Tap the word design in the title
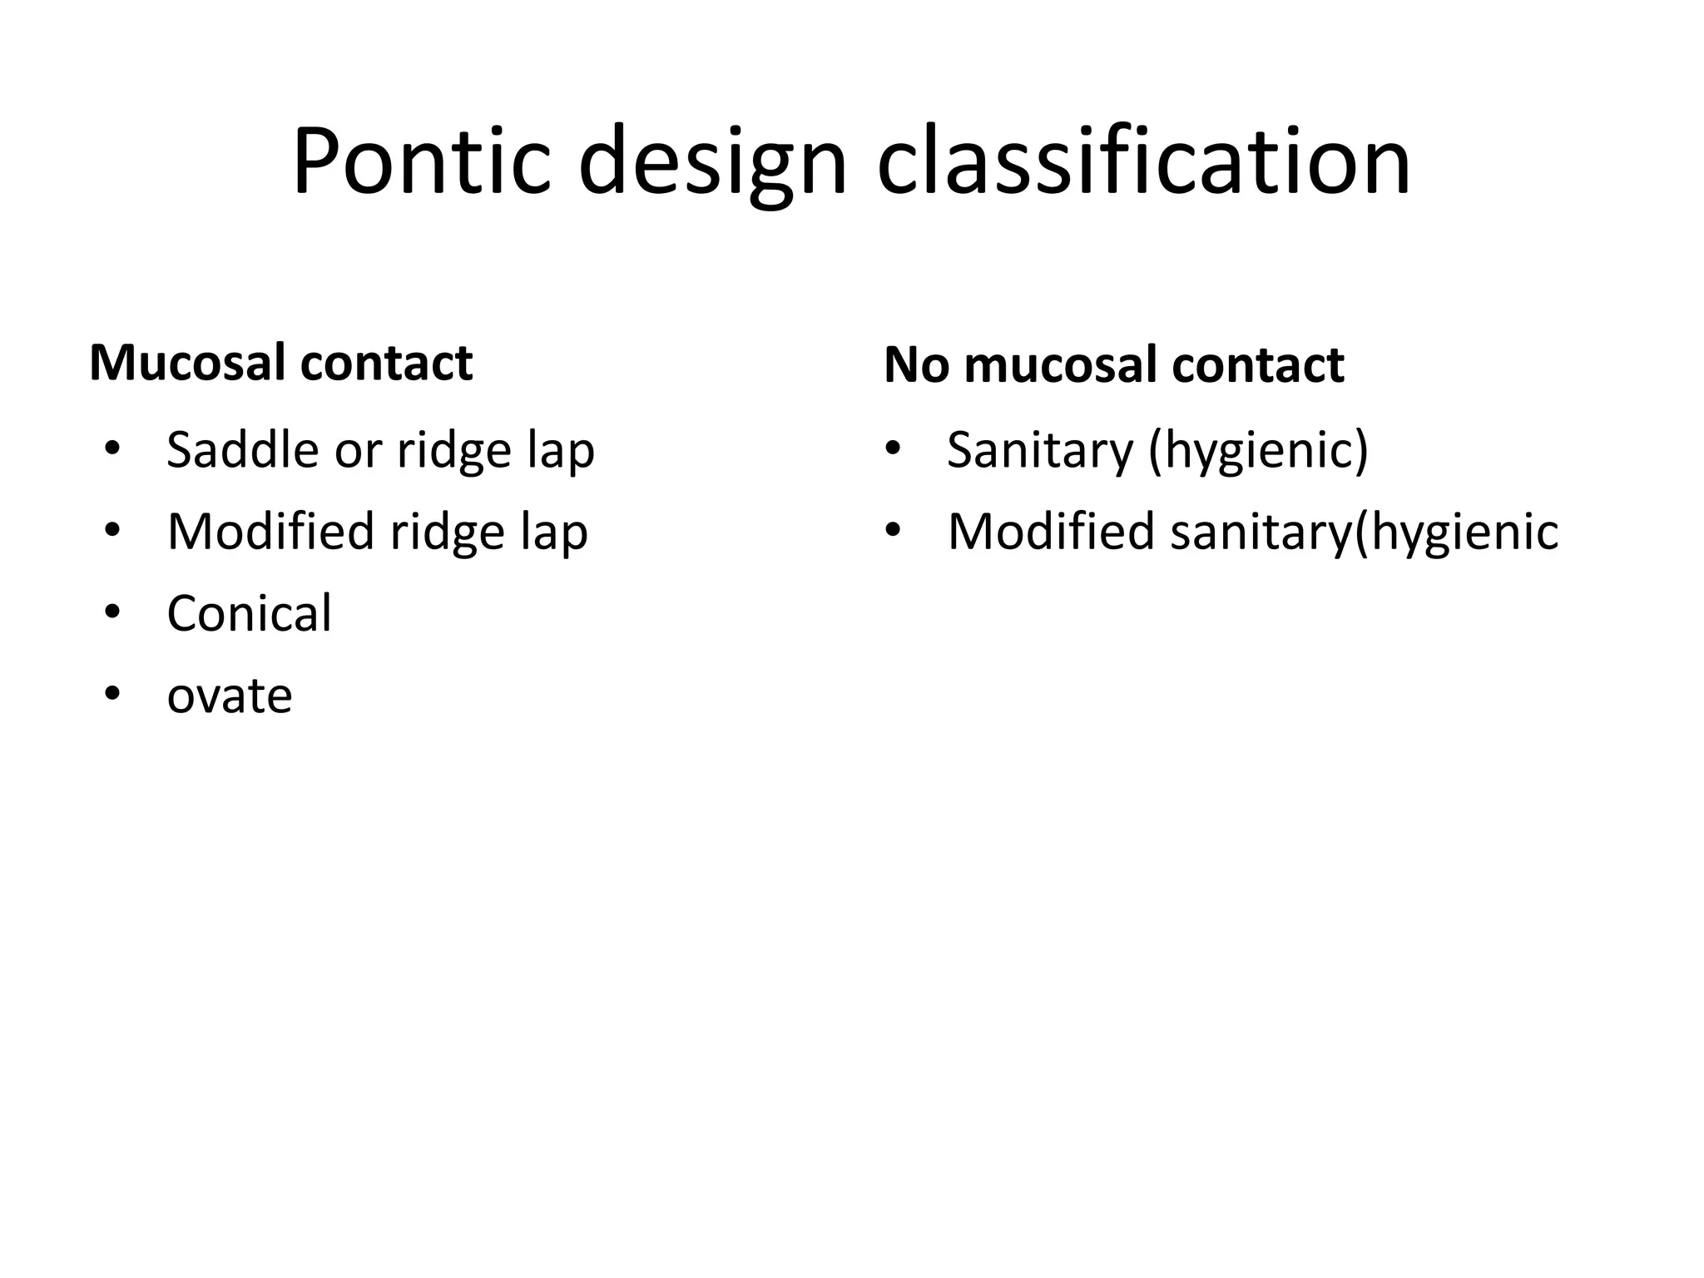(x=712, y=162)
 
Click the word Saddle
(x=243, y=450)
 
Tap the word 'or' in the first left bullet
(x=359, y=452)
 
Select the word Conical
(x=249, y=614)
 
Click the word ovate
(x=229, y=696)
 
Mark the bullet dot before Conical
(x=112, y=612)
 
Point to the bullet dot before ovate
(x=112, y=694)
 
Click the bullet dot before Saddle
(x=112, y=449)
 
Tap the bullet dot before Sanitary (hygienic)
(x=893, y=449)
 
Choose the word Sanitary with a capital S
(x=1040, y=450)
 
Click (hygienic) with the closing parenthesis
(x=1258, y=452)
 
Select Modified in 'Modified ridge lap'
(x=270, y=532)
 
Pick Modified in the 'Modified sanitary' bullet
(x=1051, y=532)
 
